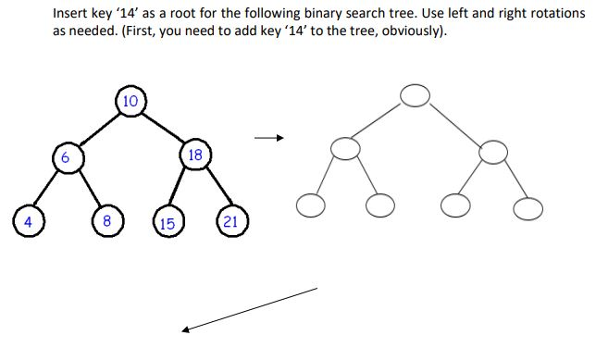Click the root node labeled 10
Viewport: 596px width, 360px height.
tap(130, 101)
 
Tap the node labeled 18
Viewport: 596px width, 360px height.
tap(195, 155)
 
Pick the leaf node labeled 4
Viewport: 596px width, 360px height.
tap(28, 221)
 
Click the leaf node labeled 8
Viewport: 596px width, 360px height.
tap(107, 221)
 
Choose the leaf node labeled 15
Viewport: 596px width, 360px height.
tap(168, 223)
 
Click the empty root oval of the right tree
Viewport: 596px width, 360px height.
tap(415, 94)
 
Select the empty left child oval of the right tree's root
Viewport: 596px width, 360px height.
tap(344, 148)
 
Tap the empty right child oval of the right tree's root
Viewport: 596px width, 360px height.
tap(493, 151)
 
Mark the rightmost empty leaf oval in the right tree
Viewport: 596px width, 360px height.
tap(528, 210)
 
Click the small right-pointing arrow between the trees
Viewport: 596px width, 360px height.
tap(268, 139)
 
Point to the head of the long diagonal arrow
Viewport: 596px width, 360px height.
tap(186, 329)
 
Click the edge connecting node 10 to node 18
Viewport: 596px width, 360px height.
tap(164, 129)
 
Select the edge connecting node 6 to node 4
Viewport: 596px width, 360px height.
tap(46, 191)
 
